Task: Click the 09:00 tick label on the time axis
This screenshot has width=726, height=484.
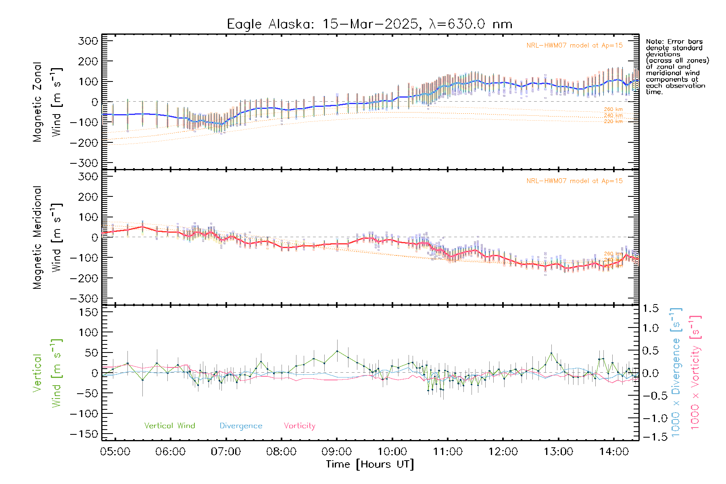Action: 337,452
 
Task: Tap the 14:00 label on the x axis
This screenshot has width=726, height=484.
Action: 613,452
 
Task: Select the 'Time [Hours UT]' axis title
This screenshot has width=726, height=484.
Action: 370,464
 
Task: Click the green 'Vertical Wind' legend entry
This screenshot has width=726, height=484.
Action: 169,426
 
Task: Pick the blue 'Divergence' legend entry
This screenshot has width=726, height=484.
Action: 241,426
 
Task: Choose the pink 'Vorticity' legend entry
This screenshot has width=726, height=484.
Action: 299,426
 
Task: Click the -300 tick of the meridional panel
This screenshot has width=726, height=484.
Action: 84,298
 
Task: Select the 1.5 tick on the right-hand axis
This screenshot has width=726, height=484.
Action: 651,309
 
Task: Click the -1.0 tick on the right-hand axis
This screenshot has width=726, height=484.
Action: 650,418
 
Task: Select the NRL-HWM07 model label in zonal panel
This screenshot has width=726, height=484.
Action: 574,46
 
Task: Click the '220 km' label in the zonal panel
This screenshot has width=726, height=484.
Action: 613,121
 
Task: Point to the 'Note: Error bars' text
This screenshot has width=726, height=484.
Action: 674,42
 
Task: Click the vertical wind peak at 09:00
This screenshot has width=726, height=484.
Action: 337,351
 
